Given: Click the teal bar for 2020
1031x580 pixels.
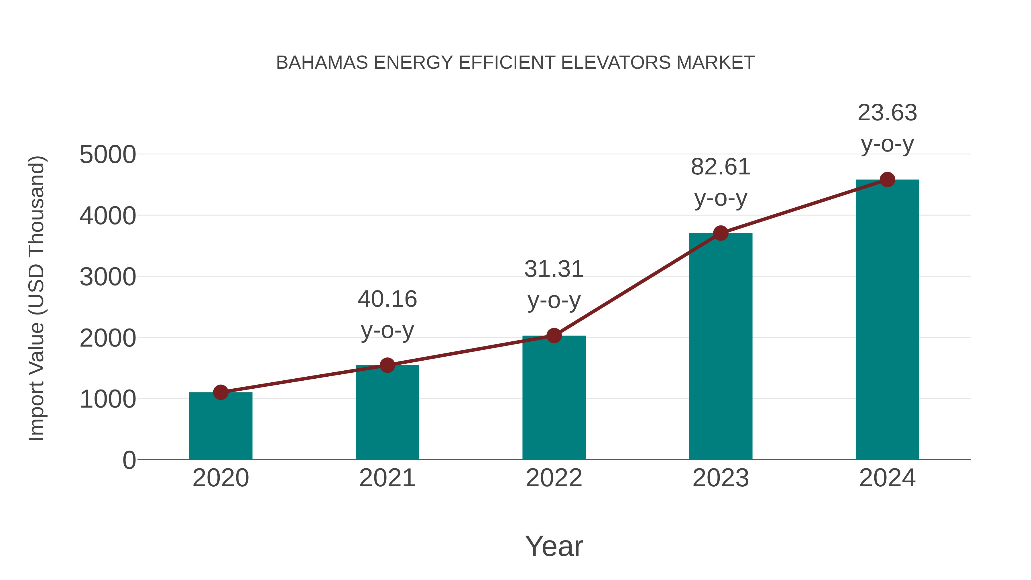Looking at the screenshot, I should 221,426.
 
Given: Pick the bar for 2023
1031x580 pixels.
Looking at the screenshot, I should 721,347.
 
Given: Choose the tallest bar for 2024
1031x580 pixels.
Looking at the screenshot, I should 887,320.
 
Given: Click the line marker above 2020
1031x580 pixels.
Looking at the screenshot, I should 221,392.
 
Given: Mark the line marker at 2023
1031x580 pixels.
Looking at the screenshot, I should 721,233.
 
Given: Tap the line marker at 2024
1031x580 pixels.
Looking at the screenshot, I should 887,180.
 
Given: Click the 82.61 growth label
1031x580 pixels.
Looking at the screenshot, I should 721,167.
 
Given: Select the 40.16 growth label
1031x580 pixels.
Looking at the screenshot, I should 387,299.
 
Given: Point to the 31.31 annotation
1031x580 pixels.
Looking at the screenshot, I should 554,269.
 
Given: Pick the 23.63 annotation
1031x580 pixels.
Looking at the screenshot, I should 887,113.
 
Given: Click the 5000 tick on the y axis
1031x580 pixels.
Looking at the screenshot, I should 108,155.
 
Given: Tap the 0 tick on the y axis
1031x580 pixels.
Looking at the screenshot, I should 129,460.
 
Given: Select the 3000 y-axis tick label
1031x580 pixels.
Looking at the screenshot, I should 108,277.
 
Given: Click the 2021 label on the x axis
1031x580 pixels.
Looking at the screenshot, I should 387,478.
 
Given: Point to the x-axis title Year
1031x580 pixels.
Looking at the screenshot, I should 554,546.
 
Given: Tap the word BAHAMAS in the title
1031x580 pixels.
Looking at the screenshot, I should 322,63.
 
